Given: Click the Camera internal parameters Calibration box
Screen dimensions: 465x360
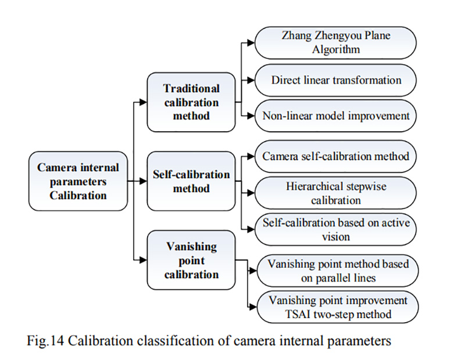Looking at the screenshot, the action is [78, 181].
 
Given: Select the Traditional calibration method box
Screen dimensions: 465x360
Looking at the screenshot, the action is [191, 102].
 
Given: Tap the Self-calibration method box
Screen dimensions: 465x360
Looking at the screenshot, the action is [191, 181].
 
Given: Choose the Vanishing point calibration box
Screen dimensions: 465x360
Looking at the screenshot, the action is [191, 260].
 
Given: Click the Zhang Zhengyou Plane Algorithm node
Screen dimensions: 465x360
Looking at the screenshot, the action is [335, 42].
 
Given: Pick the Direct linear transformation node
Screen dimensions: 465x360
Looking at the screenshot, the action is [335, 80].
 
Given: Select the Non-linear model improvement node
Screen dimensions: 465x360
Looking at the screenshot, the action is [335, 116].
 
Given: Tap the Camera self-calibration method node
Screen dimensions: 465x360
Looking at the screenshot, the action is [335, 156].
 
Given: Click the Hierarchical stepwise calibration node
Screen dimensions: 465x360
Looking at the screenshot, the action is [335, 193].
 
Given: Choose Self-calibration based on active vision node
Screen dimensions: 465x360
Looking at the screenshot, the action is [335, 229].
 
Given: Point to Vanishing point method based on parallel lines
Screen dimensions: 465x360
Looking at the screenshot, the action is [338, 271].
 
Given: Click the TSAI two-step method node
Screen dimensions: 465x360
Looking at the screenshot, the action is [338, 307].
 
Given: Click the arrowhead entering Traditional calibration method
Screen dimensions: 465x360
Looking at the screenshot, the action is [143, 102].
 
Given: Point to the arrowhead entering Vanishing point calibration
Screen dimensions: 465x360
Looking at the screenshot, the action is [143, 260].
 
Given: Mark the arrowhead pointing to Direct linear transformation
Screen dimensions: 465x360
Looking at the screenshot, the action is [251, 80].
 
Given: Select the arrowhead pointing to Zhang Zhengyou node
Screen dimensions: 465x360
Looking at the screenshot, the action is [251, 43].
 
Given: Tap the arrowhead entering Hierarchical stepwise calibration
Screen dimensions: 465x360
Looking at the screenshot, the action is [251, 193].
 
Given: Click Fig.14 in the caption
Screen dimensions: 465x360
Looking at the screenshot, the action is [45, 341].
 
